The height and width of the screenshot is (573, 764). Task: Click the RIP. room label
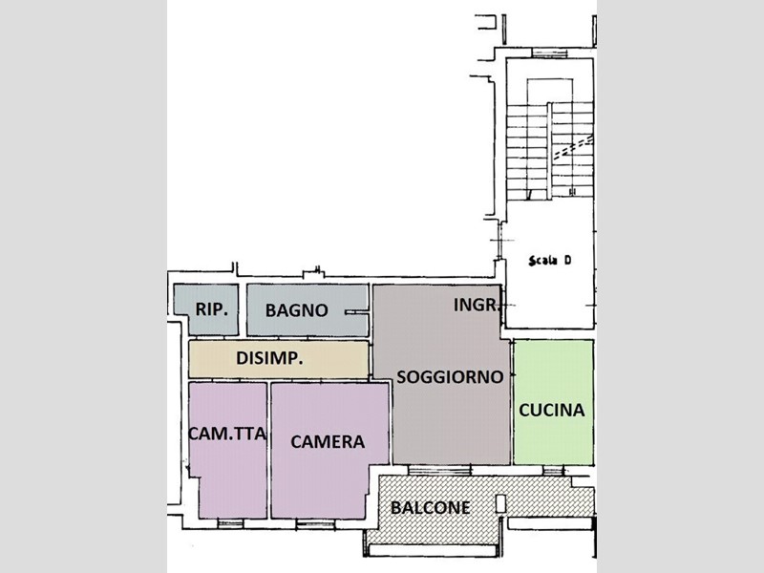(211, 309)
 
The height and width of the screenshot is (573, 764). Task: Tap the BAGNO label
(296, 310)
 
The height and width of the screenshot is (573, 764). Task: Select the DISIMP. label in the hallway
(269, 358)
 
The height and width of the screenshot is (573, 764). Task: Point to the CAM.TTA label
(227, 434)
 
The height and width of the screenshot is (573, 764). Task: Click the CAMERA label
(328, 442)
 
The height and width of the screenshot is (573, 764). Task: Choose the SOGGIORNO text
(450, 376)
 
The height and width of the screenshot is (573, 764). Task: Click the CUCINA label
(552, 411)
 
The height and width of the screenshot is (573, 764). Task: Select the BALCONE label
(431, 508)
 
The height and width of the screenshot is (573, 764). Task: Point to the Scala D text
(550, 261)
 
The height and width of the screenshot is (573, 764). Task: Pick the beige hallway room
(278, 359)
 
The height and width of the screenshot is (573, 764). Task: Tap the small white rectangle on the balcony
(500, 504)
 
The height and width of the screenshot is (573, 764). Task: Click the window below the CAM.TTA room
(230, 523)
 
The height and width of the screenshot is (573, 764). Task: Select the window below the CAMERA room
(315, 523)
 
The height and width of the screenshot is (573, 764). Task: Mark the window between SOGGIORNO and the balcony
(439, 470)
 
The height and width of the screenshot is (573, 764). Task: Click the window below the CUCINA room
(553, 470)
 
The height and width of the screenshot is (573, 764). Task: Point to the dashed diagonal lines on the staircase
(574, 147)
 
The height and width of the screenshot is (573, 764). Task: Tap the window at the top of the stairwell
(550, 53)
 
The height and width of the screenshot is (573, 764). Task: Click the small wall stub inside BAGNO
(356, 312)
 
